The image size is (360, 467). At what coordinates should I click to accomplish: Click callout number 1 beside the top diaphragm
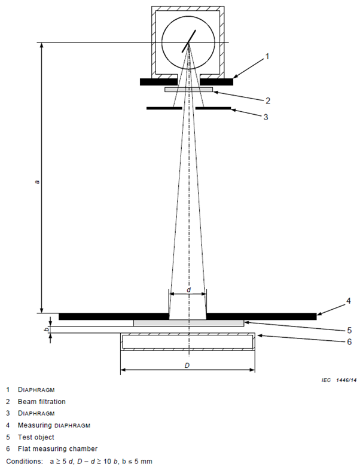(267, 57)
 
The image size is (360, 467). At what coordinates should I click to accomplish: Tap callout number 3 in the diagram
(266, 117)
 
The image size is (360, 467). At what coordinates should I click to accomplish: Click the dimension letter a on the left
(37, 181)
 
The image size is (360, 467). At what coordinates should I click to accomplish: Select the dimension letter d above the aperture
(188, 289)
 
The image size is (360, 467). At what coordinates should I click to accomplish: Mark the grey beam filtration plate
(188, 89)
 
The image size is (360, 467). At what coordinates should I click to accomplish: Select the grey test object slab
(188, 323)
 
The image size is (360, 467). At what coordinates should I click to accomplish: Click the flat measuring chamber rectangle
(188, 342)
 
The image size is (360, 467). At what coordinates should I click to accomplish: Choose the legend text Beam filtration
(41, 402)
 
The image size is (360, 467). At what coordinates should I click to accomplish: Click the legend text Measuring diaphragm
(51, 425)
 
